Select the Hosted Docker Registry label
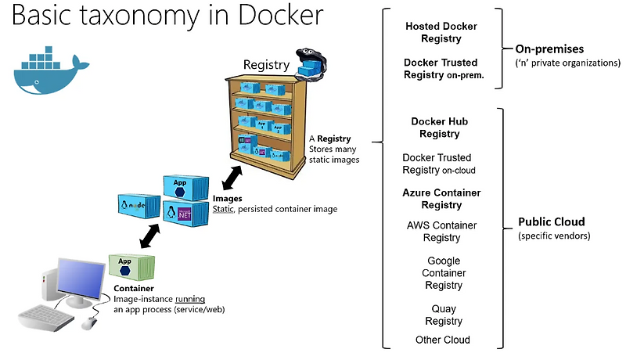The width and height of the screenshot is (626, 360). click(441, 32)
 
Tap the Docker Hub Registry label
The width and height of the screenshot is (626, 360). click(441, 128)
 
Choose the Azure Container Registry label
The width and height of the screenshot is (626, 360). click(441, 199)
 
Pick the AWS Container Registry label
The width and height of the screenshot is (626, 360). click(441, 232)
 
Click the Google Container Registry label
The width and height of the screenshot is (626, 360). click(444, 273)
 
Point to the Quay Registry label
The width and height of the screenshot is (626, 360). click(444, 315)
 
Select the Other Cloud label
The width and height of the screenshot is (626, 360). click(443, 340)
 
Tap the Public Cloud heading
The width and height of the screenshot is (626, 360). click(552, 221)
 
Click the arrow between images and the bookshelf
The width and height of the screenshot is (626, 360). click(233, 176)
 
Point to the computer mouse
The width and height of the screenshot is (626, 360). click(90, 321)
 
